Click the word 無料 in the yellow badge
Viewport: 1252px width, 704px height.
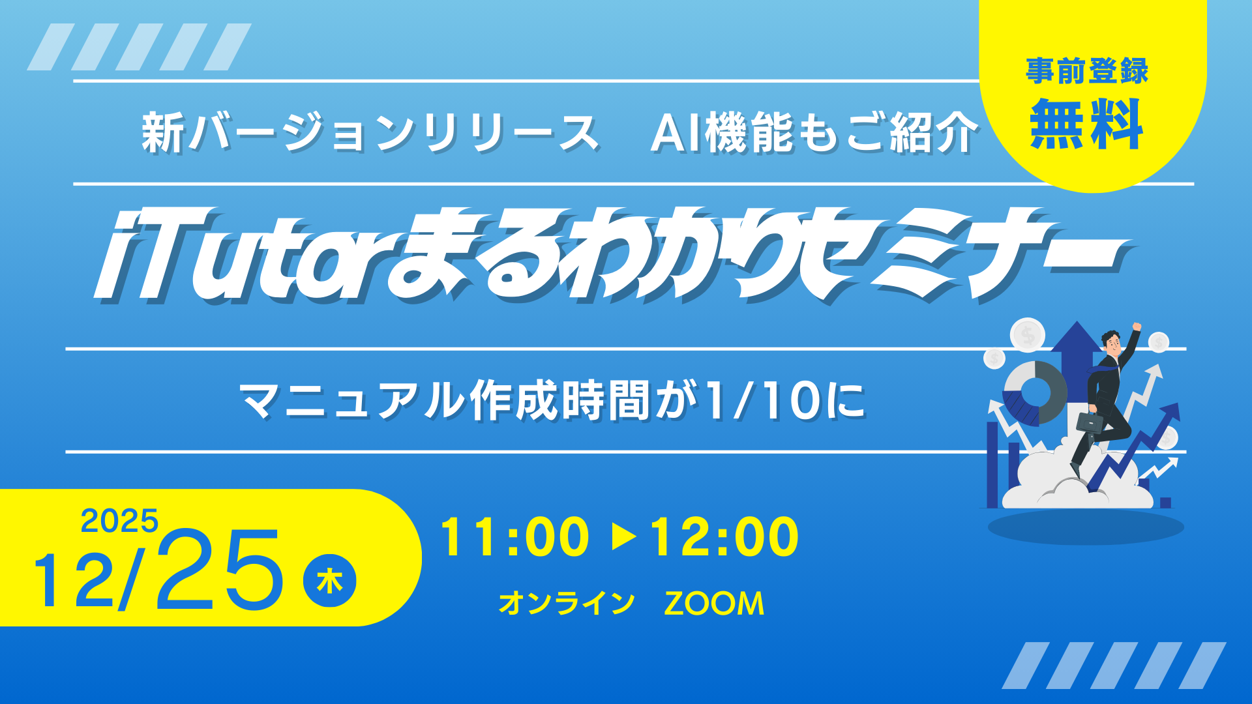tap(1086, 124)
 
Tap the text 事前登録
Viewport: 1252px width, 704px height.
tap(1086, 71)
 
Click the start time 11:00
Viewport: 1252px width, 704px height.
tap(514, 537)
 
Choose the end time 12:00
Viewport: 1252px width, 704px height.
tap(724, 537)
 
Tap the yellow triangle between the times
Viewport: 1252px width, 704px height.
tap(624, 537)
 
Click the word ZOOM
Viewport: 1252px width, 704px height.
tap(714, 604)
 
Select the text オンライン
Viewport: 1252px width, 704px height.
tap(567, 603)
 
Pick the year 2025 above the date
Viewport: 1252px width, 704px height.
tap(119, 521)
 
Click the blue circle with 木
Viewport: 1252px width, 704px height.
tap(330, 581)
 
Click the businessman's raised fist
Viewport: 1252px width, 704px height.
tap(1137, 327)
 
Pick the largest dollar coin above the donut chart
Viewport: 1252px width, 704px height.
tap(1028, 335)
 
